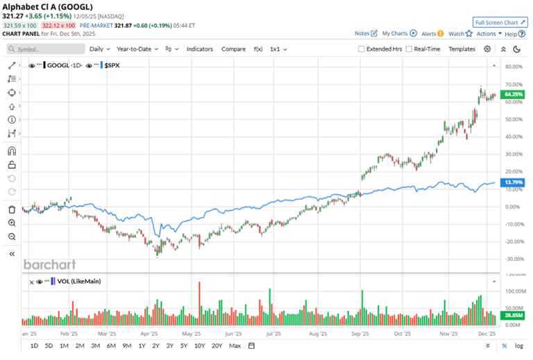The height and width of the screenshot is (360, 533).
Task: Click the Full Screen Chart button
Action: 498,22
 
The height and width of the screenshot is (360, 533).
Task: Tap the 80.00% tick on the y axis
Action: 513,67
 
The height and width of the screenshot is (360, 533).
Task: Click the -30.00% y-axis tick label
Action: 513,259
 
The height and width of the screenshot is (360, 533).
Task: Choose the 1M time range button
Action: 63,345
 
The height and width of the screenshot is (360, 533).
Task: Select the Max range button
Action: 235,345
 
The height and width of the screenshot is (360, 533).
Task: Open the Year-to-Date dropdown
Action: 137,49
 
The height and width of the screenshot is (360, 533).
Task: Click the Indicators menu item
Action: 199,49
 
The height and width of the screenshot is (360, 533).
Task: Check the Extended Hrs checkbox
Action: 361,49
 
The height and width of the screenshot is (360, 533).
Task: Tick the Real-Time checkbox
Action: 409,49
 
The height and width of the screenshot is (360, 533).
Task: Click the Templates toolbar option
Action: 462,49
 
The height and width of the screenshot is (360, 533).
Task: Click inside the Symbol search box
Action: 45,49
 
